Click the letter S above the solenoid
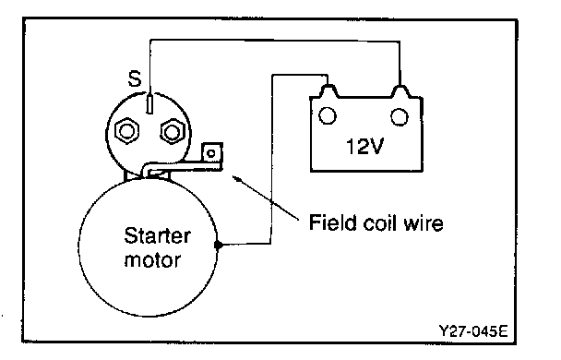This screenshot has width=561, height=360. click(x=135, y=78)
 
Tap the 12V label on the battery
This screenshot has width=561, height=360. click(x=365, y=147)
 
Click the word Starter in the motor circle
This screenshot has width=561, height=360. click(x=158, y=235)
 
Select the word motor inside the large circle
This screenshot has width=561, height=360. click(x=152, y=260)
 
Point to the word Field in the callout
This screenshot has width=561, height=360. click(x=333, y=222)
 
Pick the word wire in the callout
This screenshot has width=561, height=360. click(x=424, y=223)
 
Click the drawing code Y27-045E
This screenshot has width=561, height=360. click(x=473, y=331)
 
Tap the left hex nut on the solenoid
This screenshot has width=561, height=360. click(x=126, y=131)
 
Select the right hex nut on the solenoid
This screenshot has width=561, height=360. click(x=173, y=132)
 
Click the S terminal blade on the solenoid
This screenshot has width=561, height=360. click(x=149, y=103)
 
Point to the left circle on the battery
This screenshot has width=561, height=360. click(x=328, y=116)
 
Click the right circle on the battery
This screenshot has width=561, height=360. click(x=400, y=116)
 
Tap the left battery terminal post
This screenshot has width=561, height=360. click(x=329, y=90)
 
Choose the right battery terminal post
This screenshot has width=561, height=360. click(x=401, y=91)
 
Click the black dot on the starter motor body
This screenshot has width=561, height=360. click(x=219, y=245)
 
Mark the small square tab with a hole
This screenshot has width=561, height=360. click(x=212, y=153)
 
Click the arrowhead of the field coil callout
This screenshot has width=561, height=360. click(x=234, y=177)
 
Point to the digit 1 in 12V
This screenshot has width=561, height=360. click(x=351, y=147)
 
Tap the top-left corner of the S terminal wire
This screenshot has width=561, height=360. click(x=151, y=40)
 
